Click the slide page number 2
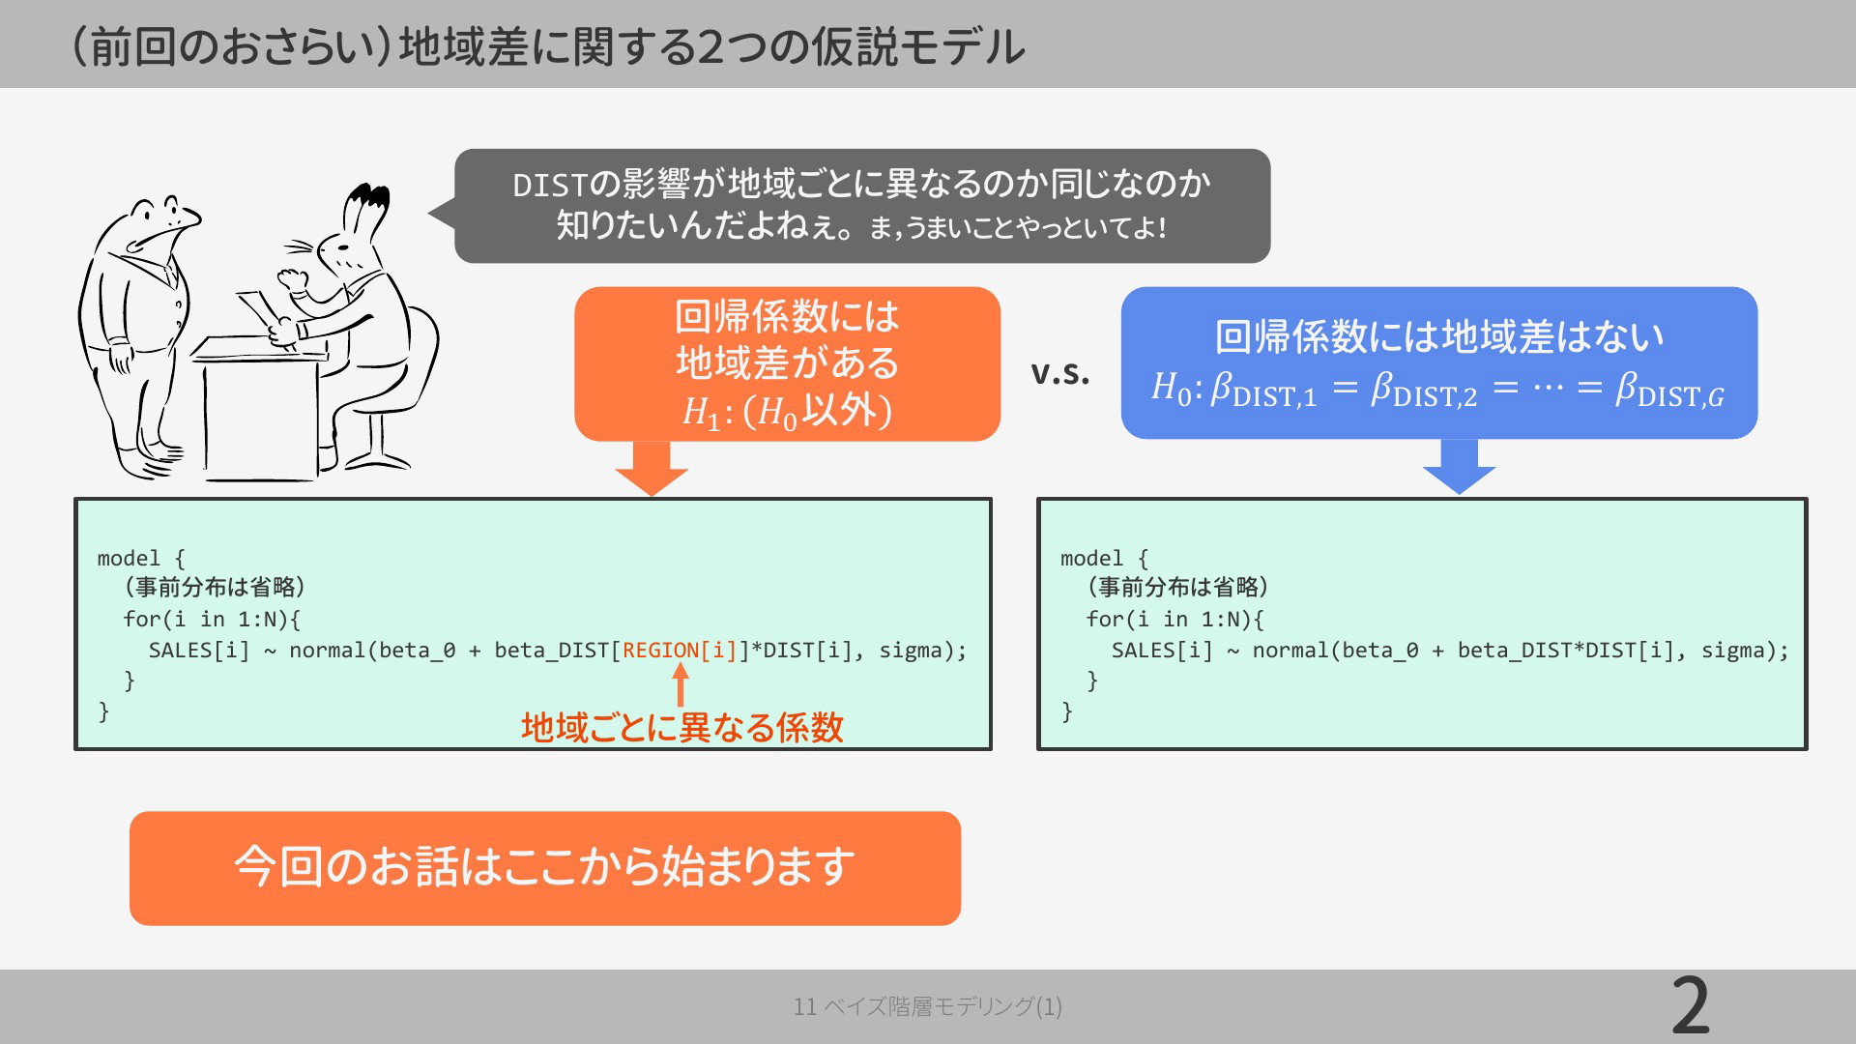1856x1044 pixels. click(1691, 1006)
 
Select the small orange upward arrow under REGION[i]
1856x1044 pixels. click(681, 685)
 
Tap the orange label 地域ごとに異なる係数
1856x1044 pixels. click(682, 727)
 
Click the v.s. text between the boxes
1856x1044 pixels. click(1060, 372)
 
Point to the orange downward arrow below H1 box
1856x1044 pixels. click(652, 469)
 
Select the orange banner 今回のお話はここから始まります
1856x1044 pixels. click(545, 868)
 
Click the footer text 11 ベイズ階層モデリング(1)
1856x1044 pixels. click(928, 1006)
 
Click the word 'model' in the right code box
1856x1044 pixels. click(1092, 559)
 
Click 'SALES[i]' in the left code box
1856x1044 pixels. click(199, 651)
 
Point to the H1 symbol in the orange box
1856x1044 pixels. click(701, 413)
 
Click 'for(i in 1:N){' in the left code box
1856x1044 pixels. click(212, 619)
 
